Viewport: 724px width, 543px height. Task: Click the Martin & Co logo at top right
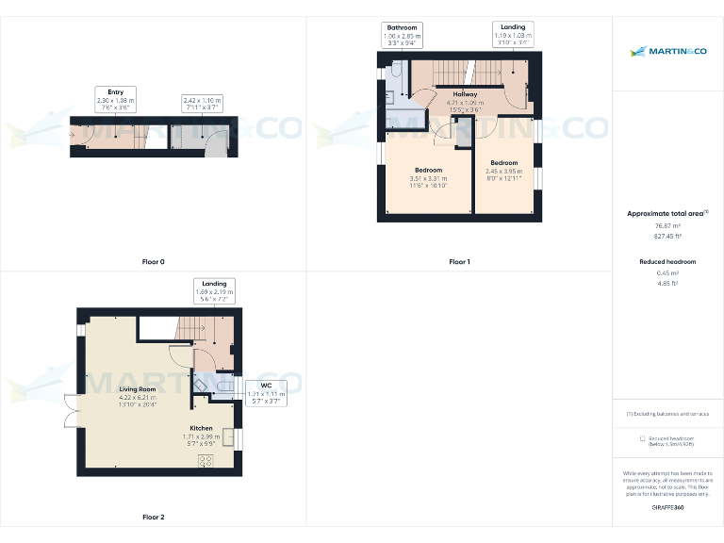[x=667, y=52]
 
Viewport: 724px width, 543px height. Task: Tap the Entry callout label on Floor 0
[x=115, y=100]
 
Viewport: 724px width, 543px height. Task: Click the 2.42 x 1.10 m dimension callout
[x=201, y=104]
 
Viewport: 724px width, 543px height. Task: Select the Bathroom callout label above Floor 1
[x=402, y=35]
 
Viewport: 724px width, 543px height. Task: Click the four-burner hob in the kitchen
[x=205, y=461]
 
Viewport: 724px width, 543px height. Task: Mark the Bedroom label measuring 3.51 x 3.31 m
[x=428, y=176]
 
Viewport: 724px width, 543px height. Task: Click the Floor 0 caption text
[x=153, y=261]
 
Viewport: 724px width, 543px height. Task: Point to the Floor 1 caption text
[x=459, y=261]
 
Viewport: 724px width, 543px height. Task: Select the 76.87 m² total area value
[x=667, y=226]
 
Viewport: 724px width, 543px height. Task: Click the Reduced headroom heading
[x=667, y=261]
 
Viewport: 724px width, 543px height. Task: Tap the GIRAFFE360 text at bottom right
[x=667, y=508]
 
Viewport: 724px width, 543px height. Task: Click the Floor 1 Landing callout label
[x=513, y=34]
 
